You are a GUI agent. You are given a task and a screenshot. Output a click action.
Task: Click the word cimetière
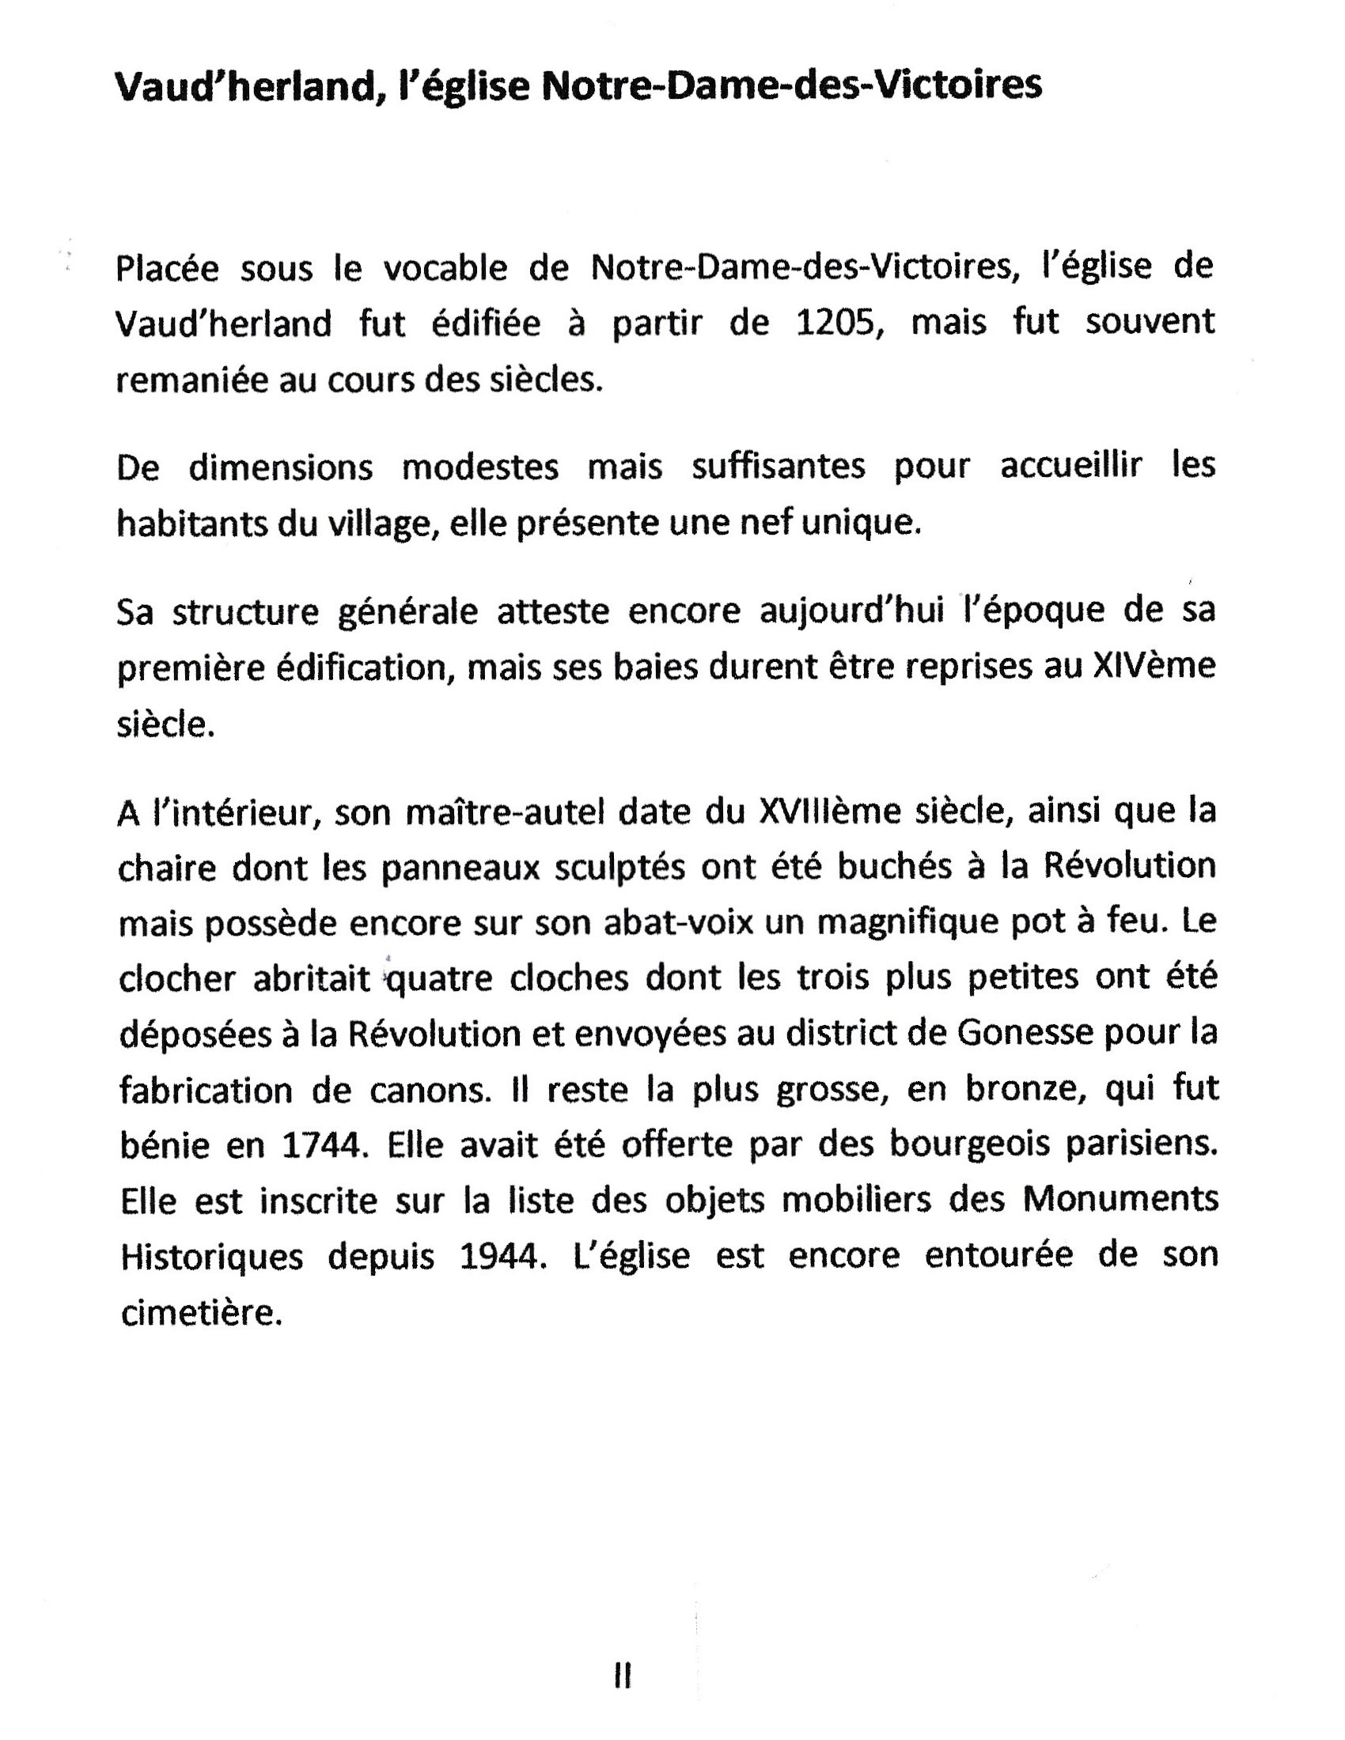(x=202, y=1314)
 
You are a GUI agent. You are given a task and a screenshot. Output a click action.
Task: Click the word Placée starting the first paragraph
(x=167, y=268)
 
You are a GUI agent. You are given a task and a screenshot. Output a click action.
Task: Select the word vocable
(x=446, y=268)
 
